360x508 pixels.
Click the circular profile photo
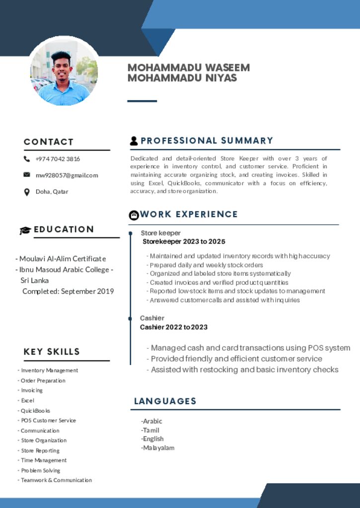64,71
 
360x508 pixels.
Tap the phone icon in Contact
27,159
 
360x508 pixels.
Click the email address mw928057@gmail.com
67,175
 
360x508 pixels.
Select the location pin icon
27,191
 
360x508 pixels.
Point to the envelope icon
27,175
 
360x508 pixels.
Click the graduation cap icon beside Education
25,230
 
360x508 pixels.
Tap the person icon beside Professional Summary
134,141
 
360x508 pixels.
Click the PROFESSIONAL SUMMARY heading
207,141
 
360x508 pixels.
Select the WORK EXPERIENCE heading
189,214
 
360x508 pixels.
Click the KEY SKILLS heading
52,352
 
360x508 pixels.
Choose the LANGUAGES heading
165,401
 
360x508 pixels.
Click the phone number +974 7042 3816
58,159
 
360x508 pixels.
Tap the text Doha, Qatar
52,191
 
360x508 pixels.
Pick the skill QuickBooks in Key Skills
35,411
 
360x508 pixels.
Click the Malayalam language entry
158,448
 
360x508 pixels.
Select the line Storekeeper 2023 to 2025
184,242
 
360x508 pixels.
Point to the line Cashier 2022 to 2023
174,327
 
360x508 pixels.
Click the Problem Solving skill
40,470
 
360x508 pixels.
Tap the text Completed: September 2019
68,291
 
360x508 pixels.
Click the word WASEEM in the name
227,67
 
